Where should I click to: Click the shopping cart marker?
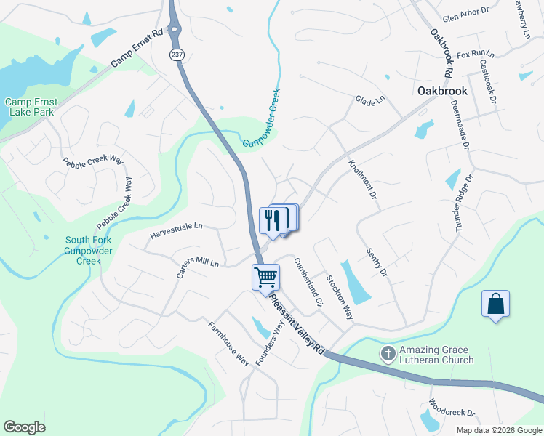[266, 277]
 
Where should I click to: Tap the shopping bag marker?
[495, 303]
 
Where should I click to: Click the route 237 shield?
[177, 54]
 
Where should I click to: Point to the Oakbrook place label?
[442, 92]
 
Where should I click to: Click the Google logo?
[24, 427]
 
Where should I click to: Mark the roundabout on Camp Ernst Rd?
[175, 31]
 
